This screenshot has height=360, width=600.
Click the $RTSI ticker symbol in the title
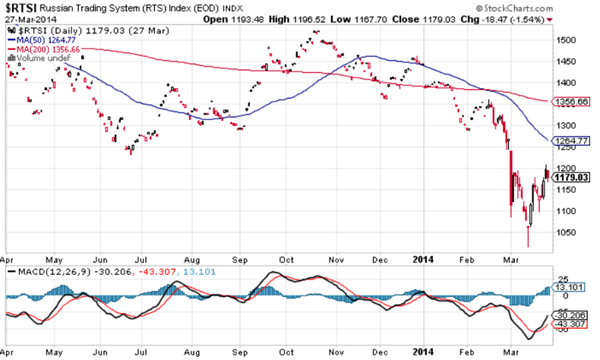click(19, 7)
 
